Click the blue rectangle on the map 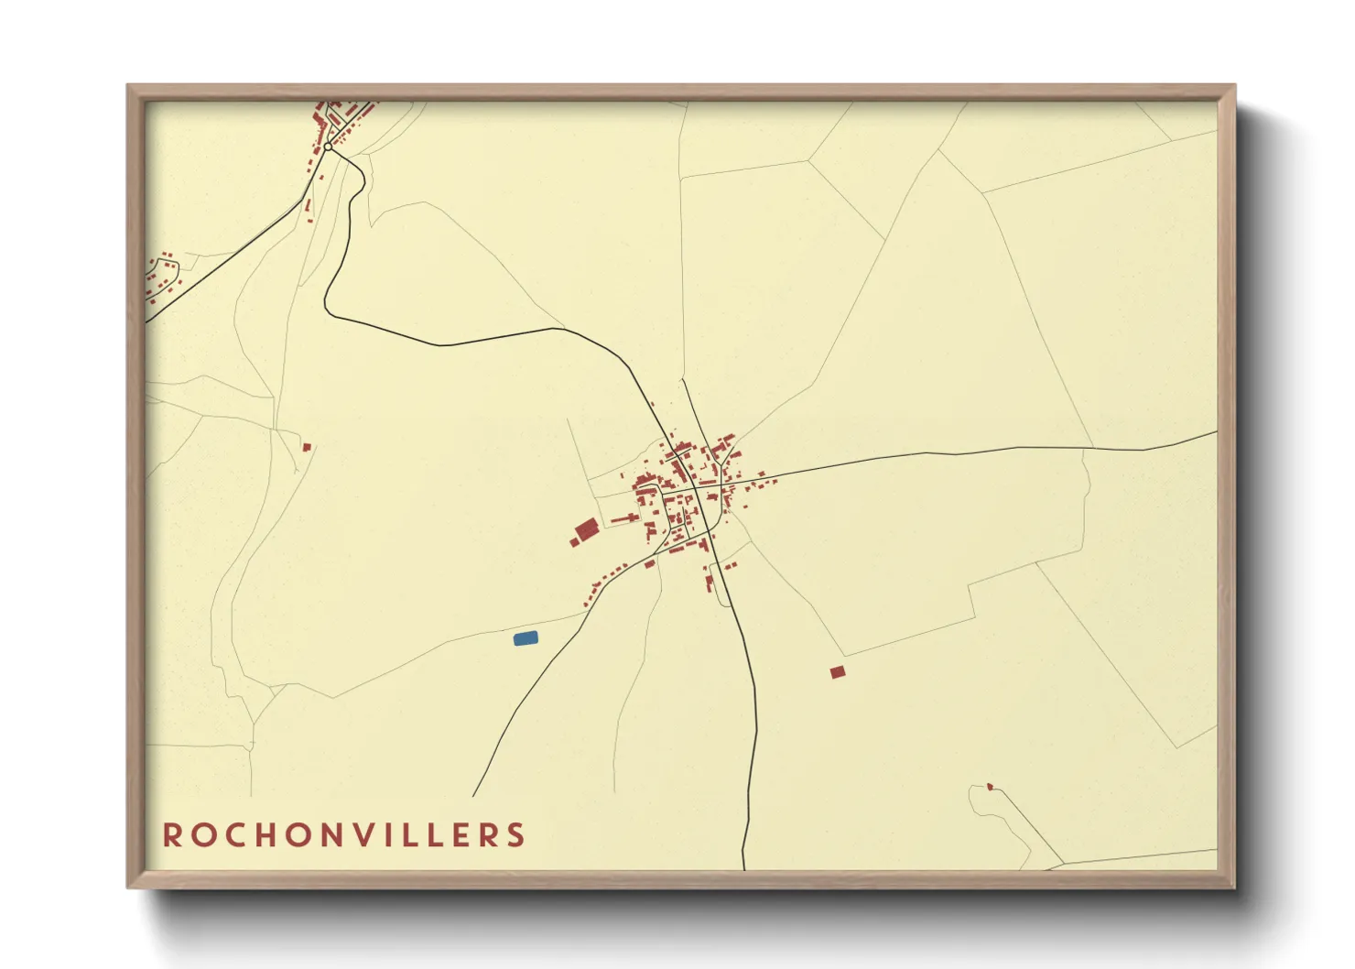tap(526, 638)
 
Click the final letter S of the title tap(517, 835)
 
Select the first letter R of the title tap(170, 835)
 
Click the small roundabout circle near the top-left tap(328, 147)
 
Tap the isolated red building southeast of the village tap(837, 672)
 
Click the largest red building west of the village tap(587, 528)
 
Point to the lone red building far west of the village tap(307, 447)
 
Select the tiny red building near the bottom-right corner tap(990, 787)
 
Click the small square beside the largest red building tap(574, 542)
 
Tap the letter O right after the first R tap(201, 835)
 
